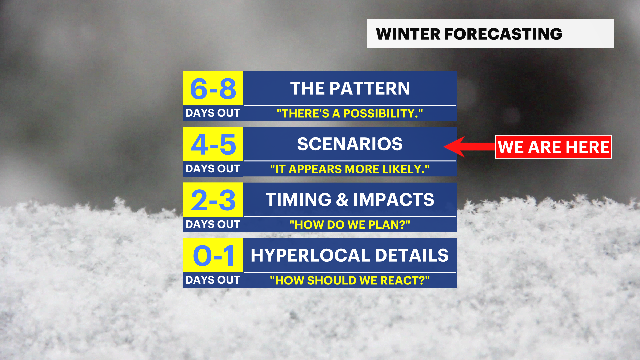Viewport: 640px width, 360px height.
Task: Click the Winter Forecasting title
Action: tap(469, 34)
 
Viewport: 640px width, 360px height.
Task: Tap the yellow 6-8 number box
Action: tap(213, 88)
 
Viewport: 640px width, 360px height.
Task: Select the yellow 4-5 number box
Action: tap(213, 144)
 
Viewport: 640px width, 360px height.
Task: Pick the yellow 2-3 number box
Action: tap(213, 200)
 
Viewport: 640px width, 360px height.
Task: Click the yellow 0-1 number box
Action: tap(213, 255)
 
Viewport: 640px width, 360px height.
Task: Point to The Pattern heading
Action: tap(350, 88)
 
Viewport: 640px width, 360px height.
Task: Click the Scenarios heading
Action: tap(350, 144)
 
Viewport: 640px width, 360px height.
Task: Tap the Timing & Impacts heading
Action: tap(350, 200)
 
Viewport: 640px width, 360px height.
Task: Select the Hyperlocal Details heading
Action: tap(350, 255)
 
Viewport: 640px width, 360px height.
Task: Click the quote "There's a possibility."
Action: tap(350, 113)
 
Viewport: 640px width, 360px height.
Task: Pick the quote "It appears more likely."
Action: tap(350, 169)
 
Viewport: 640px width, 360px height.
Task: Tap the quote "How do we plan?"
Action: tap(350, 225)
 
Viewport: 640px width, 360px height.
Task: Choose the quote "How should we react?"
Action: tap(350, 280)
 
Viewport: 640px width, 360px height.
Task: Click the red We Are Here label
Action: tap(553, 147)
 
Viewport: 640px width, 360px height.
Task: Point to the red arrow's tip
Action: tap(444, 146)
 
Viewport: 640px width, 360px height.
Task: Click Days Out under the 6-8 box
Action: tap(213, 113)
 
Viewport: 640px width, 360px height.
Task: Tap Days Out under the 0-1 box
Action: tap(213, 280)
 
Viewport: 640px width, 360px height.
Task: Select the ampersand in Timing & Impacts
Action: tap(342, 200)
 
